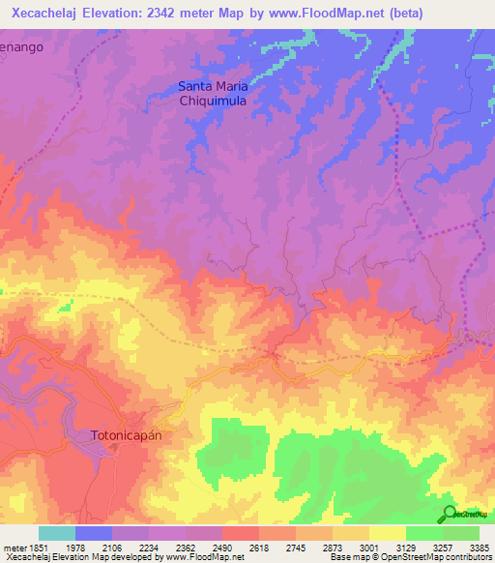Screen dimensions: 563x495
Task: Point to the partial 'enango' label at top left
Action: pos(21,46)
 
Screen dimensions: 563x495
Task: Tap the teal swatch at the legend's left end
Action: pos(57,533)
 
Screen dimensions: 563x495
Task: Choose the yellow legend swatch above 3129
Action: pos(387,533)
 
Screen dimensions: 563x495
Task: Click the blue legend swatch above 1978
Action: pos(94,533)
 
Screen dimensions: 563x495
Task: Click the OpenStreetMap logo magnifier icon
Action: pos(449,514)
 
